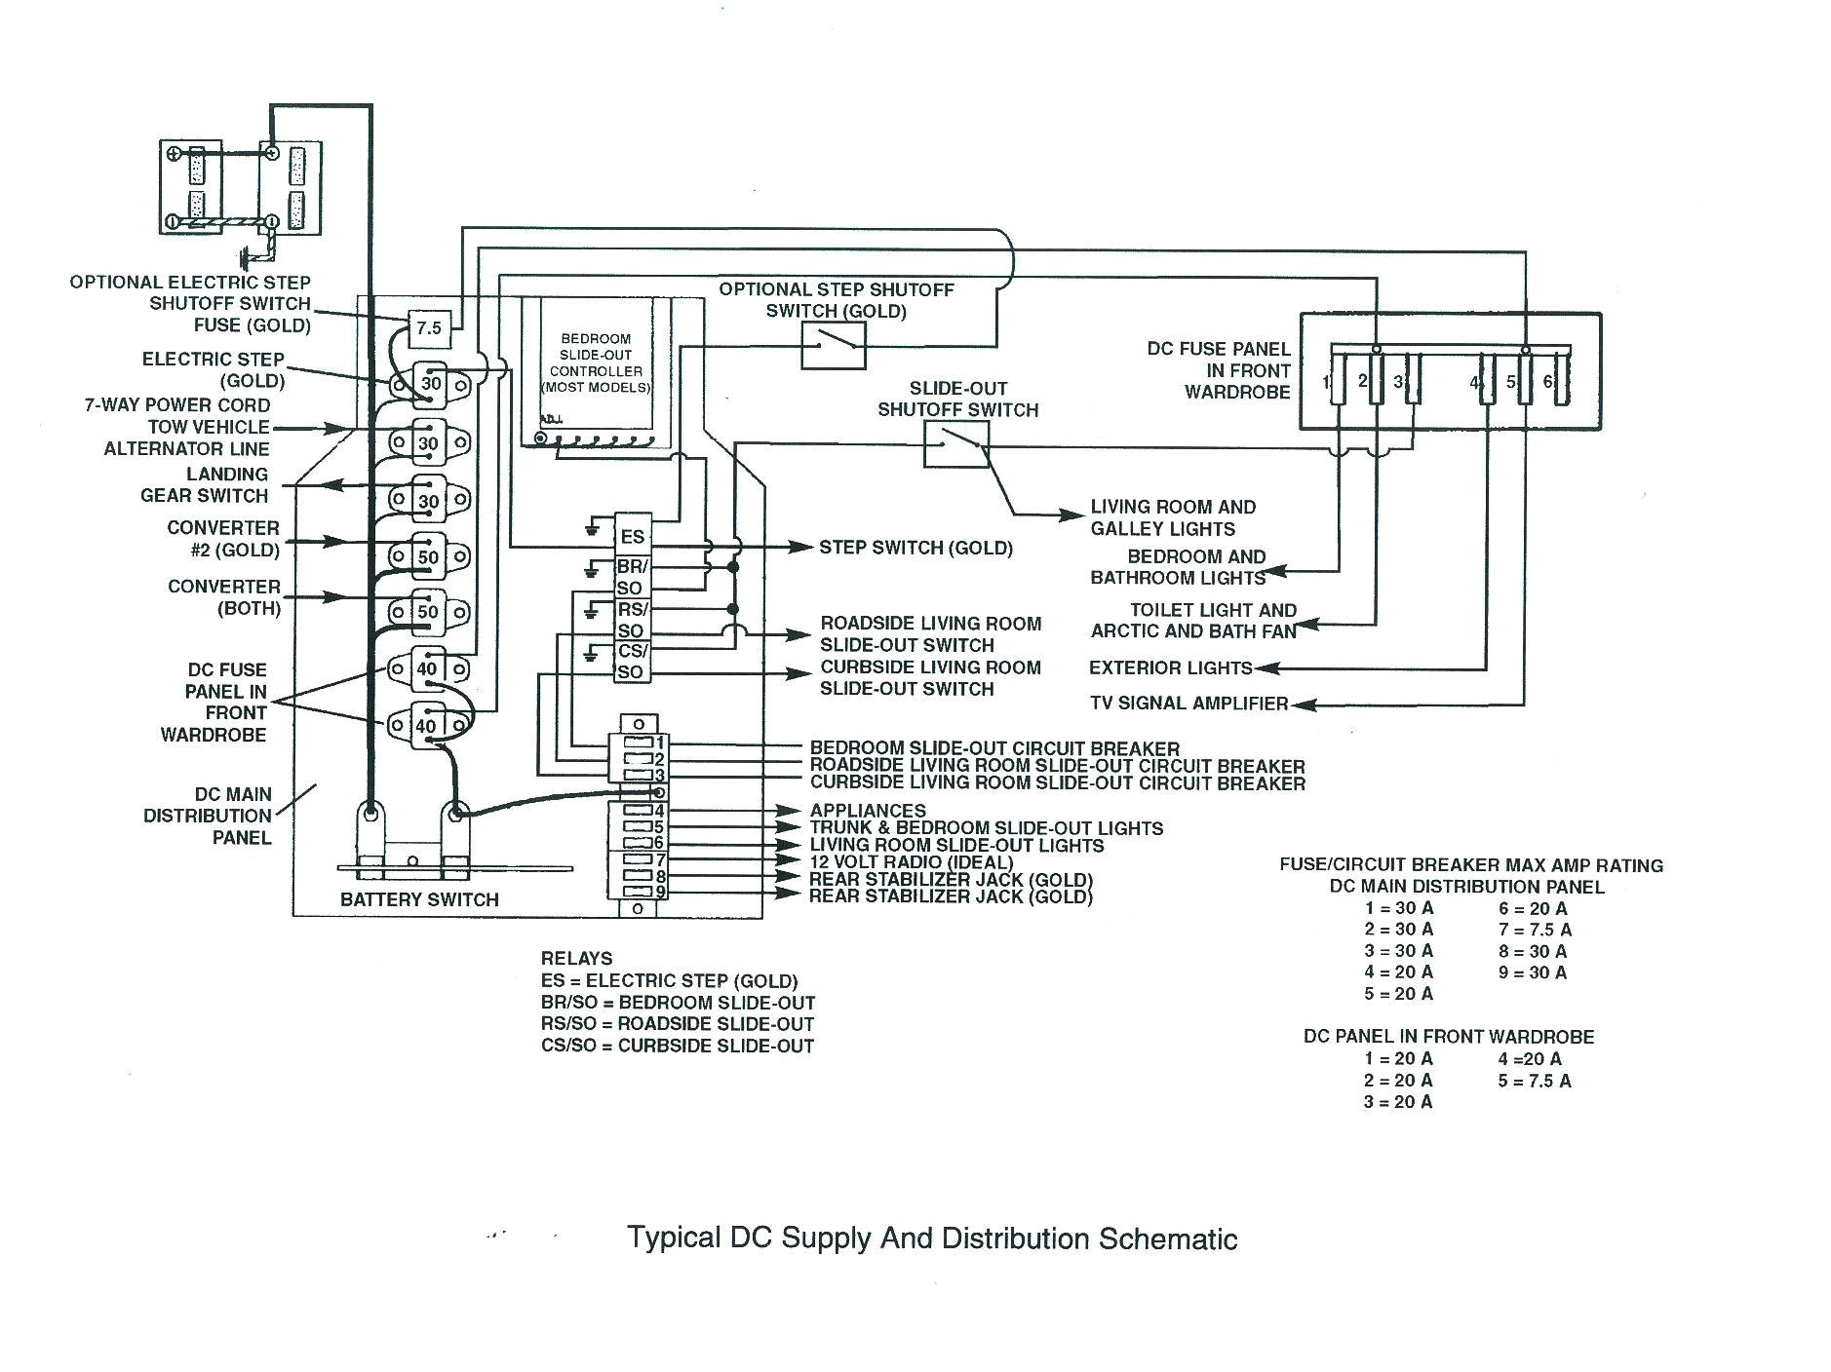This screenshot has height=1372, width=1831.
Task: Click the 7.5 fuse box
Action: pyautogui.click(x=429, y=328)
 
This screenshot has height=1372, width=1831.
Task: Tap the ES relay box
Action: pyautogui.click(x=632, y=536)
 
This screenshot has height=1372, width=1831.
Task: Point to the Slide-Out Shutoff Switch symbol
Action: pyautogui.click(x=956, y=443)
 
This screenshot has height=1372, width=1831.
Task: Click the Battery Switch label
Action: pyautogui.click(x=419, y=899)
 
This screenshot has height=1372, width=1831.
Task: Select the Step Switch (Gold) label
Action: pyautogui.click(x=915, y=548)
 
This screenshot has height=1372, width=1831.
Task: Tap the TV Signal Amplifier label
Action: pyautogui.click(x=1188, y=703)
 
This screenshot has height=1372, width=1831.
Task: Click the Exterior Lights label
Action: pyautogui.click(x=1170, y=667)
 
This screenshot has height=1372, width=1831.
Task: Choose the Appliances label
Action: pyautogui.click(x=868, y=810)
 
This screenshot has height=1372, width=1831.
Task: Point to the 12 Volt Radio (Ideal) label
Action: pyautogui.click(x=912, y=862)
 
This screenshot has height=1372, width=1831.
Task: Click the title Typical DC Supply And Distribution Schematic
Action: pyautogui.click(x=932, y=1239)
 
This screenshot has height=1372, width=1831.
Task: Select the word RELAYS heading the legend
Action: pyautogui.click(x=576, y=958)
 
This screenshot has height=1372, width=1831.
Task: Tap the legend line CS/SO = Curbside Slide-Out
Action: pyautogui.click(x=677, y=1046)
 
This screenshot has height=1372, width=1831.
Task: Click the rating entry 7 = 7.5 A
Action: pyautogui.click(x=1535, y=930)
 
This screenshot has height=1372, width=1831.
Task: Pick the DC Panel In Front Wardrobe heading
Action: pyautogui.click(x=1449, y=1036)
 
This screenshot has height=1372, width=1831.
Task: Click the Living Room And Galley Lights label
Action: pyautogui.click(x=1173, y=517)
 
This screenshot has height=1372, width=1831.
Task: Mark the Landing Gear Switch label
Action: pyautogui.click(x=204, y=484)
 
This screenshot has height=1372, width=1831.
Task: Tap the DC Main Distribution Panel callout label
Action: pyautogui.click(x=208, y=816)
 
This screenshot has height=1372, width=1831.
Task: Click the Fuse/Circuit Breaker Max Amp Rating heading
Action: pyautogui.click(x=1470, y=864)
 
